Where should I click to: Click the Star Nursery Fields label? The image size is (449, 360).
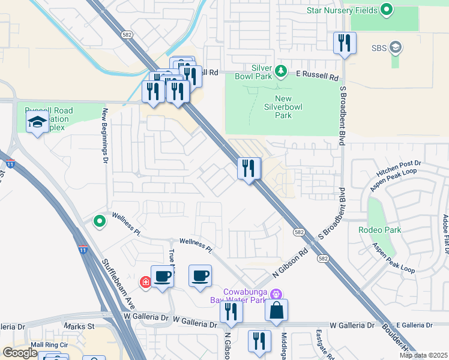pyautogui.click(x=342, y=10)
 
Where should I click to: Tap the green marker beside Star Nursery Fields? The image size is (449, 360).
pyautogui.click(x=387, y=10)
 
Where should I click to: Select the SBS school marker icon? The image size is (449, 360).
pyautogui.click(x=396, y=47)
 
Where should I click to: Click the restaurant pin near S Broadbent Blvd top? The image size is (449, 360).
pyautogui.click(x=345, y=44)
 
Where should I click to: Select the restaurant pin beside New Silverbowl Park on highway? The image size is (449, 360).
pyautogui.click(x=249, y=169)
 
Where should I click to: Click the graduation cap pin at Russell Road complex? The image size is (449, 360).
pyautogui.click(x=37, y=123)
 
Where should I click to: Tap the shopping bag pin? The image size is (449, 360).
pyautogui.click(x=276, y=311)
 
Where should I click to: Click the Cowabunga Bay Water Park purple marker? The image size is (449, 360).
pyautogui.click(x=276, y=294)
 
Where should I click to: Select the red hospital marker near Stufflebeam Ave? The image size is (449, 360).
pyautogui.click(x=145, y=281)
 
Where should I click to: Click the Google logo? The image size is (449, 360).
pyautogui.click(x=19, y=353)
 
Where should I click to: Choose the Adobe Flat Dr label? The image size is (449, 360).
pyautogui.click(x=445, y=234)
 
